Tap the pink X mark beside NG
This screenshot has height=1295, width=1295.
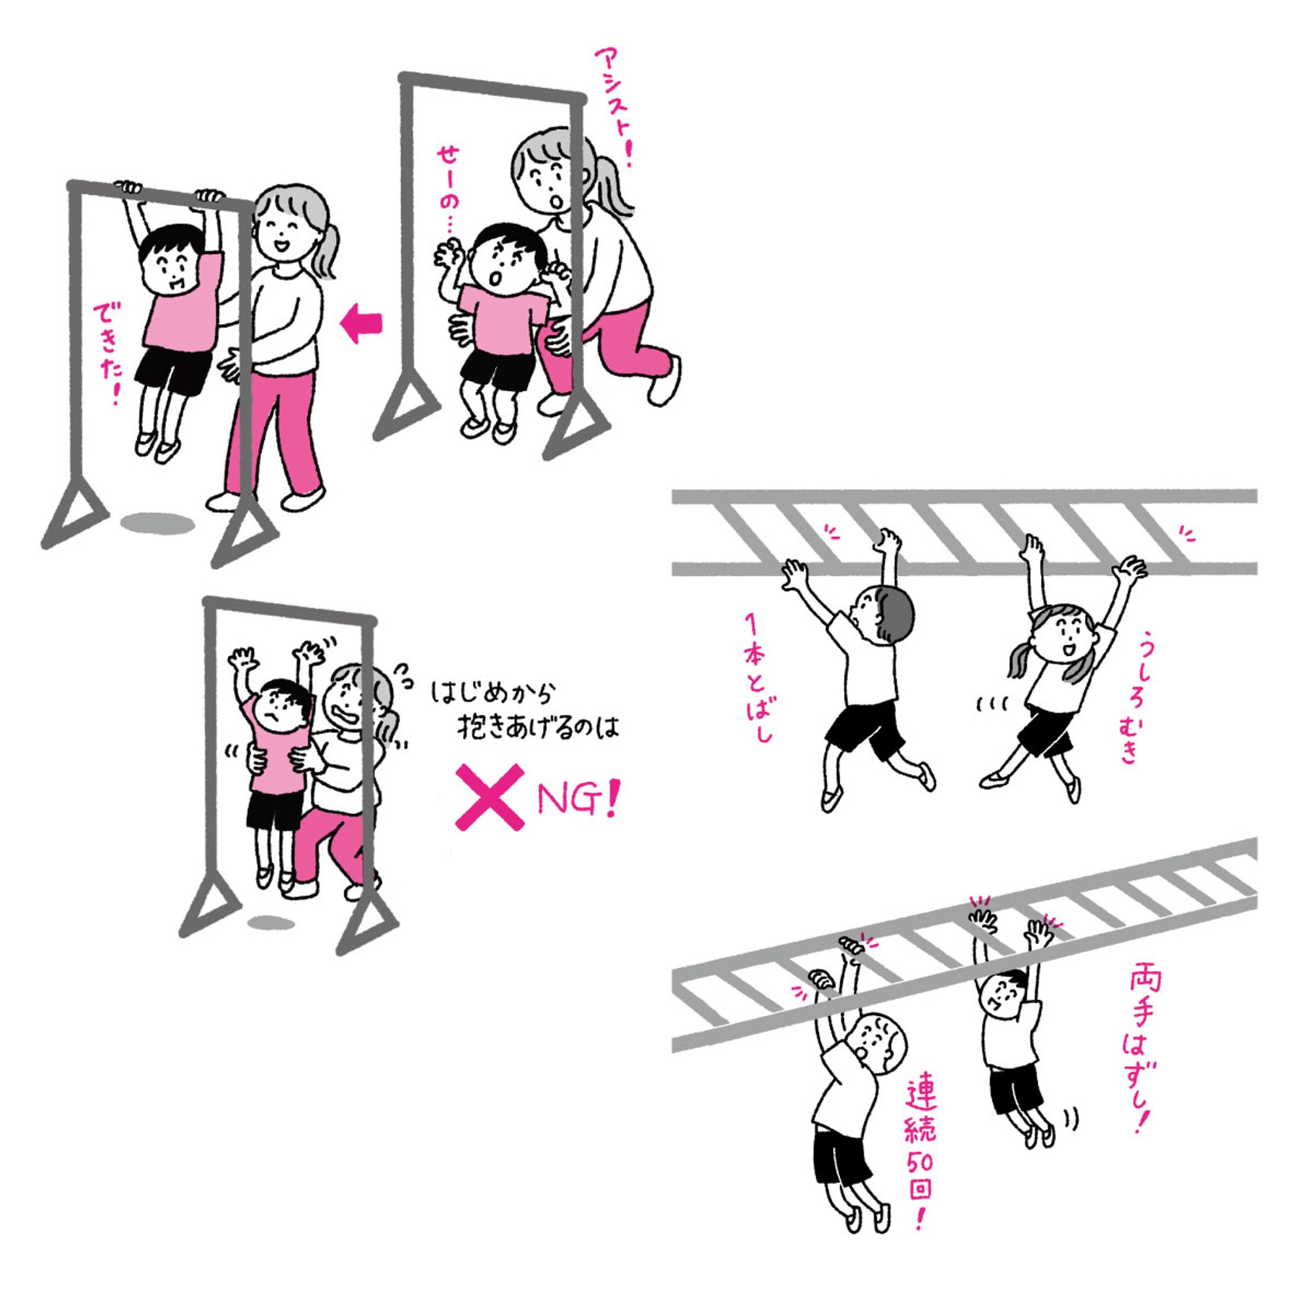click(x=490, y=798)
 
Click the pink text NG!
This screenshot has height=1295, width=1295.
click(x=577, y=800)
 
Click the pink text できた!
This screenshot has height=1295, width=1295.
click(x=107, y=356)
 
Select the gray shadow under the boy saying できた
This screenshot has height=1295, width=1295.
click(x=158, y=524)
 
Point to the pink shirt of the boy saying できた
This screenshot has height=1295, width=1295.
click(x=182, y=302)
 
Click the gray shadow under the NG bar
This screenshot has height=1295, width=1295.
click(x=271, y=923)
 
